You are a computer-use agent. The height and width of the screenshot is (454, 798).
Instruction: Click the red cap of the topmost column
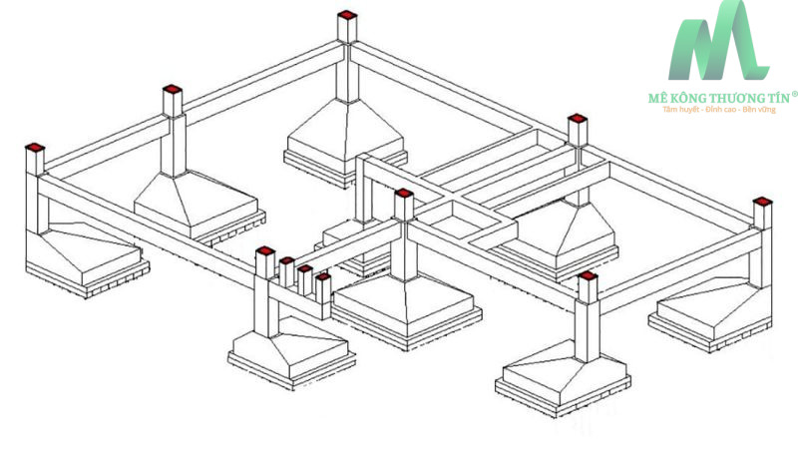click(x=346, y=15)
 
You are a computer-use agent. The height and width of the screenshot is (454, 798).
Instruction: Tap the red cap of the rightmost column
click(x=762, y=202)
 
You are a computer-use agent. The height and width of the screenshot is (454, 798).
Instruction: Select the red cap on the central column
click(x=403, y=194)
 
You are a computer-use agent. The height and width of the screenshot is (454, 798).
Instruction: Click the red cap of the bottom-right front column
click(x=587, y=275)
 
